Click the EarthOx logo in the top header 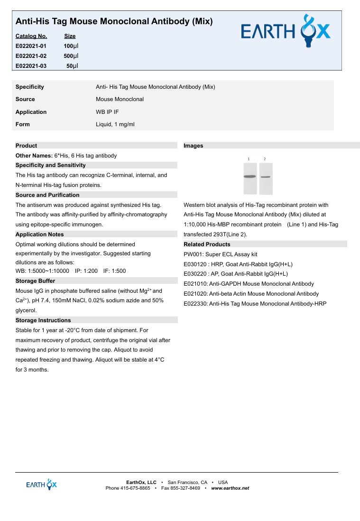pyautogui.click(x=286, y=31)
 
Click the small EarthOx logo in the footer pyautogui.click(x=41, y=484)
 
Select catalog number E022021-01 pyautogui.click(x=31, y=46)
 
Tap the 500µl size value pyautogui.click(x=71, y=56)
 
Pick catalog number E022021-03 pyautogui.click(x=31, y=66)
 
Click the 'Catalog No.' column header pyautogui.click(x=31, y=36)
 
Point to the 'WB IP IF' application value pyautogui.click(x=107, y=112)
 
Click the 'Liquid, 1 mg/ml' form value pyautogui.click(x=115, y=124)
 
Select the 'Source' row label pyautogui.click(x=25, y=99)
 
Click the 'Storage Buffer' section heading pyautogui.click(x=35, y=281)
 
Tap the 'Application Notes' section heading pyautogui.click(x=39, y=234)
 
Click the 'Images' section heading pyautogui.click(x=193, y=146)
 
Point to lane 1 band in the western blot pyautogui.click(x=249, y=177)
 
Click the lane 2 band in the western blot pyautogui.click(x=266, y=177)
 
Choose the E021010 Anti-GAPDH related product pyautogui.click(x=249, y=284)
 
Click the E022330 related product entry pyautogui.click(x=255, y=304)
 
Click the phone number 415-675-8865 pyautogui.click(x=135, y=488)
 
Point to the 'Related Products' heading pyautogui.click(x=207, y=244)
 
